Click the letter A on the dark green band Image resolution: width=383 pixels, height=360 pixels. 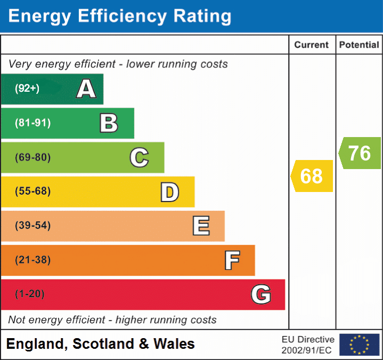86,89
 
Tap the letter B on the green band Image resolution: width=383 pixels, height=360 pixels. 109,123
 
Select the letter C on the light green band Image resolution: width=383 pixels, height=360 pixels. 139,157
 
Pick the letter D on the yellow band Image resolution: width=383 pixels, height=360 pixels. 169,192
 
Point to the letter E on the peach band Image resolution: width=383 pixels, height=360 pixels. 200,226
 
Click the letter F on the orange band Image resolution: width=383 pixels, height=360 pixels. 231,260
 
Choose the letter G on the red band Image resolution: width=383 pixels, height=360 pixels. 261,294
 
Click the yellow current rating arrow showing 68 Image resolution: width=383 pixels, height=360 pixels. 312,176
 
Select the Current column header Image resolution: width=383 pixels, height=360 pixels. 312,45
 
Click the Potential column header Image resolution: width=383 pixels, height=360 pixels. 359,45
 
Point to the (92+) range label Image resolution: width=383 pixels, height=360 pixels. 27,89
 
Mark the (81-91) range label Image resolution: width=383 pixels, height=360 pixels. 33,123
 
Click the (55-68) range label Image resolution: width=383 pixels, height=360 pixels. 33,191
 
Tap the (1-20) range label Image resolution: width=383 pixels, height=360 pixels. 30,294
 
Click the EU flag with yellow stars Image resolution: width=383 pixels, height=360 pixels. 359,345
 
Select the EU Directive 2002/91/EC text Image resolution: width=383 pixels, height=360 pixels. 308,345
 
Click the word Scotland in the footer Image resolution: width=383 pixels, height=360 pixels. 104,344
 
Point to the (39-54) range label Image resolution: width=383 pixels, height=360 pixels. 33,226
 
